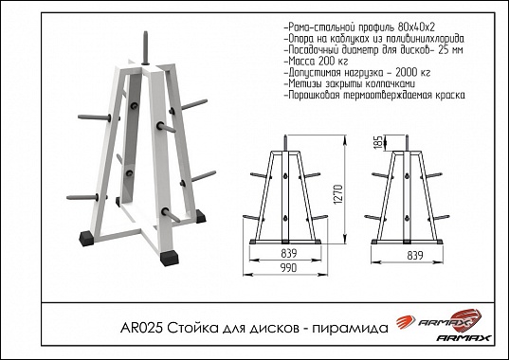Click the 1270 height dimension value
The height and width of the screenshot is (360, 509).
(338, 194)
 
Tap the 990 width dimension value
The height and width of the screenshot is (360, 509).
(289, 268)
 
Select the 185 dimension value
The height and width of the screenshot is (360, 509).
(378, 142)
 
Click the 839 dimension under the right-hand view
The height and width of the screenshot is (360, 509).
(415, 256)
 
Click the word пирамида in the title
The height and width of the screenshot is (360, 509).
(350, 329)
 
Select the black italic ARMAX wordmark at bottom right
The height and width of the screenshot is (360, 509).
(464, 338)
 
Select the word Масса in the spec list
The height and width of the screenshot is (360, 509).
(301, 61)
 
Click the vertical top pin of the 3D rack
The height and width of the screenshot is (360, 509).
(145, 47)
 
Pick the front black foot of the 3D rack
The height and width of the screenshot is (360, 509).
(169, 258)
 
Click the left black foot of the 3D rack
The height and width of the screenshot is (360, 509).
(86, 239)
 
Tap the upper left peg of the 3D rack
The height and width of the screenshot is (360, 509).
(95, 117)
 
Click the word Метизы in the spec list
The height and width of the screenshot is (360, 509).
(304, 83)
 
